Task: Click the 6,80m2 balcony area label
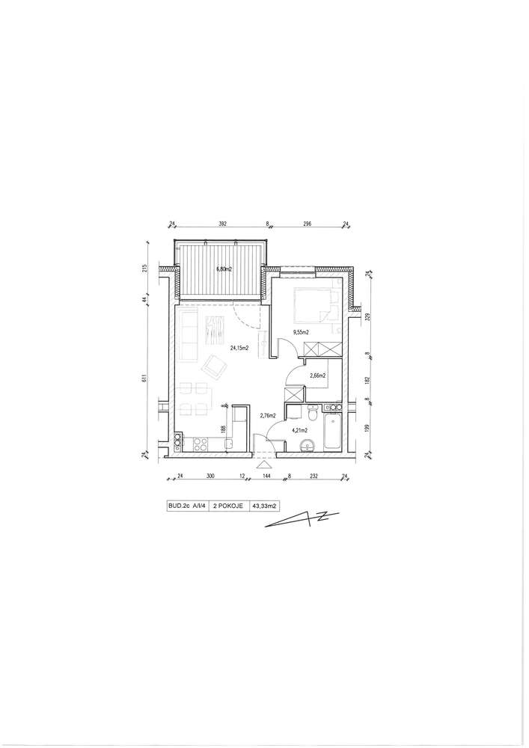[x=224, y=269]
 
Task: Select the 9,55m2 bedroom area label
[x=302, y=332]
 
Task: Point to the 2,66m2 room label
[x=318, y=375]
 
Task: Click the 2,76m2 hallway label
[x=268, y=415]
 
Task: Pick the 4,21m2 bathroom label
[x=299, y=430]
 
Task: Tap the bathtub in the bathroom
[x=332, y=432]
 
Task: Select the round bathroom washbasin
[x=308, y=446]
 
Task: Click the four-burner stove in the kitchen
[x=200, y=444]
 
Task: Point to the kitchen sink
[x=228, y=444]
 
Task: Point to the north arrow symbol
[x=302, y=520]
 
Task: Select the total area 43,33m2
[x=266, y=506]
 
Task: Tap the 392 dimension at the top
[x=221, y=223]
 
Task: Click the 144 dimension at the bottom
[x=264, y=476]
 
